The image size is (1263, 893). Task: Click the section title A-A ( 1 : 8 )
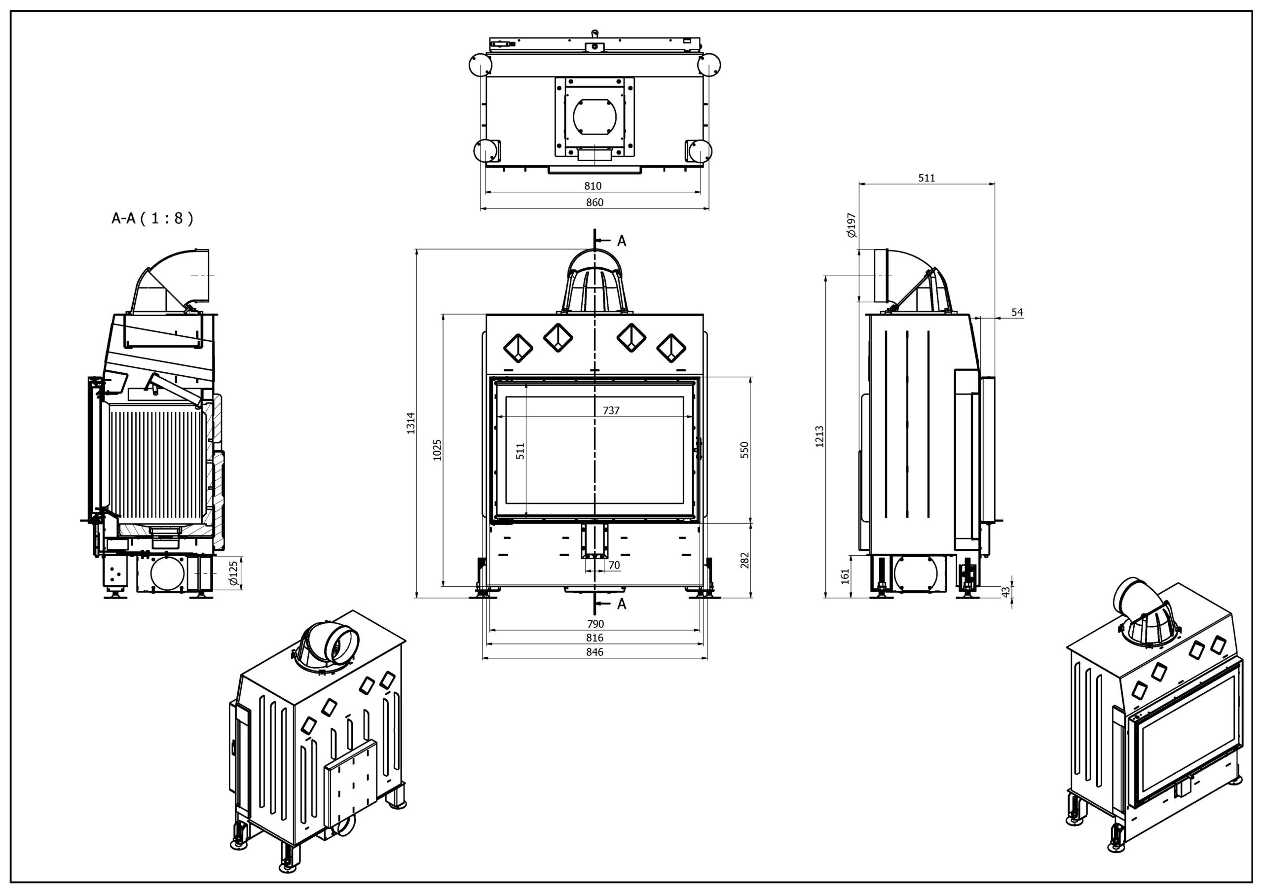coord(152,219)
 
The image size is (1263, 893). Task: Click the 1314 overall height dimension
coord(411,423)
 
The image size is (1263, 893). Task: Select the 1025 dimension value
coord(437,449)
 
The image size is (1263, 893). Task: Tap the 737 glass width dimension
coord(611,410)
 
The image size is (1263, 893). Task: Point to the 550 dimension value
coord(745,450)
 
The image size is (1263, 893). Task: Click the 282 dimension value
coord(745,560)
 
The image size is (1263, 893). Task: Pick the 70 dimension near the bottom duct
coord(614,565)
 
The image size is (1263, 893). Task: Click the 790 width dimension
coord(595,624)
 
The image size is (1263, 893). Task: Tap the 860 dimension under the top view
coord(594,202)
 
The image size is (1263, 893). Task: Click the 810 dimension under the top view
coord(593,186)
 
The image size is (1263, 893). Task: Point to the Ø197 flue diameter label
coord(852,225)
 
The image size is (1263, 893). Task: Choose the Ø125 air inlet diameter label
coord(234,573)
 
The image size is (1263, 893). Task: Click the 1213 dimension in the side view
coord(819,436)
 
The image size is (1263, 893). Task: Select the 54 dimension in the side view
coord(1017,312)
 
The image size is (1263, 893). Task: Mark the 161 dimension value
coord(846,576)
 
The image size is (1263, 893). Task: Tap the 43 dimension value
coord(1005,592)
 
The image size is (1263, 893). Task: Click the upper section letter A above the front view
coord(622,241)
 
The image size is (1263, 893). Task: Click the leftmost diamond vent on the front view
coord(518,348)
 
